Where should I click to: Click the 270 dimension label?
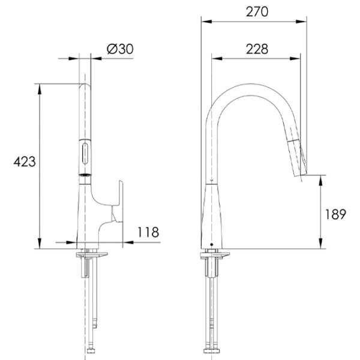coord(257,12)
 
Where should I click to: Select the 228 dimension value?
coord(257,49)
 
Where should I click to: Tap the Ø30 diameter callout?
coord(120,49)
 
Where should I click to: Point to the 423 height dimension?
coord(25,161)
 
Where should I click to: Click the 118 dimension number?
coord(148,232)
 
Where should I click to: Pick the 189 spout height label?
coord(335,214)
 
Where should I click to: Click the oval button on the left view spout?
coord(85,154)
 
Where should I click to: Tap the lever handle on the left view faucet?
coord(118,202)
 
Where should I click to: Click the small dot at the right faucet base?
coord(212,245)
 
